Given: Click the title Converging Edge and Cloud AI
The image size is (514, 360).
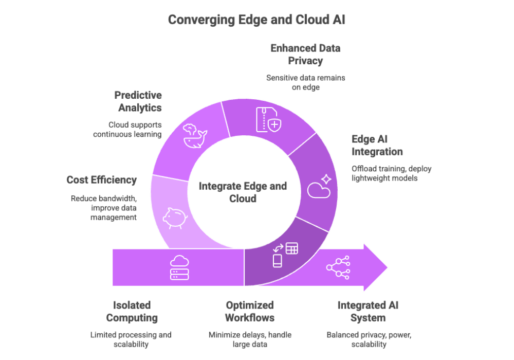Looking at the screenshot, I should (x=257, y=20).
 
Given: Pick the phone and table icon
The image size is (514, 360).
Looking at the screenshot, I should (x=285, y=254).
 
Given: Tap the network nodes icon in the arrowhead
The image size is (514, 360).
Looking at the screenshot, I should (x=338, y=267).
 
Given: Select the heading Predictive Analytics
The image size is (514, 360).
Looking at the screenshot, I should (x=138, y=101).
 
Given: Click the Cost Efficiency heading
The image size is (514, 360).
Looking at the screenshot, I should (x=102, y=180).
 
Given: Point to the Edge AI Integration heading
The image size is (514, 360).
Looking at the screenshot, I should (x=377, y=146).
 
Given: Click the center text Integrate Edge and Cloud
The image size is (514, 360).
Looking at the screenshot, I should (x=243, y=192).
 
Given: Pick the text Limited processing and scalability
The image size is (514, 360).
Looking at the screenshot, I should (x=131, y=339).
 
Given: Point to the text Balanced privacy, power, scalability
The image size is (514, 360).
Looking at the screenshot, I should (x=369, y=339).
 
